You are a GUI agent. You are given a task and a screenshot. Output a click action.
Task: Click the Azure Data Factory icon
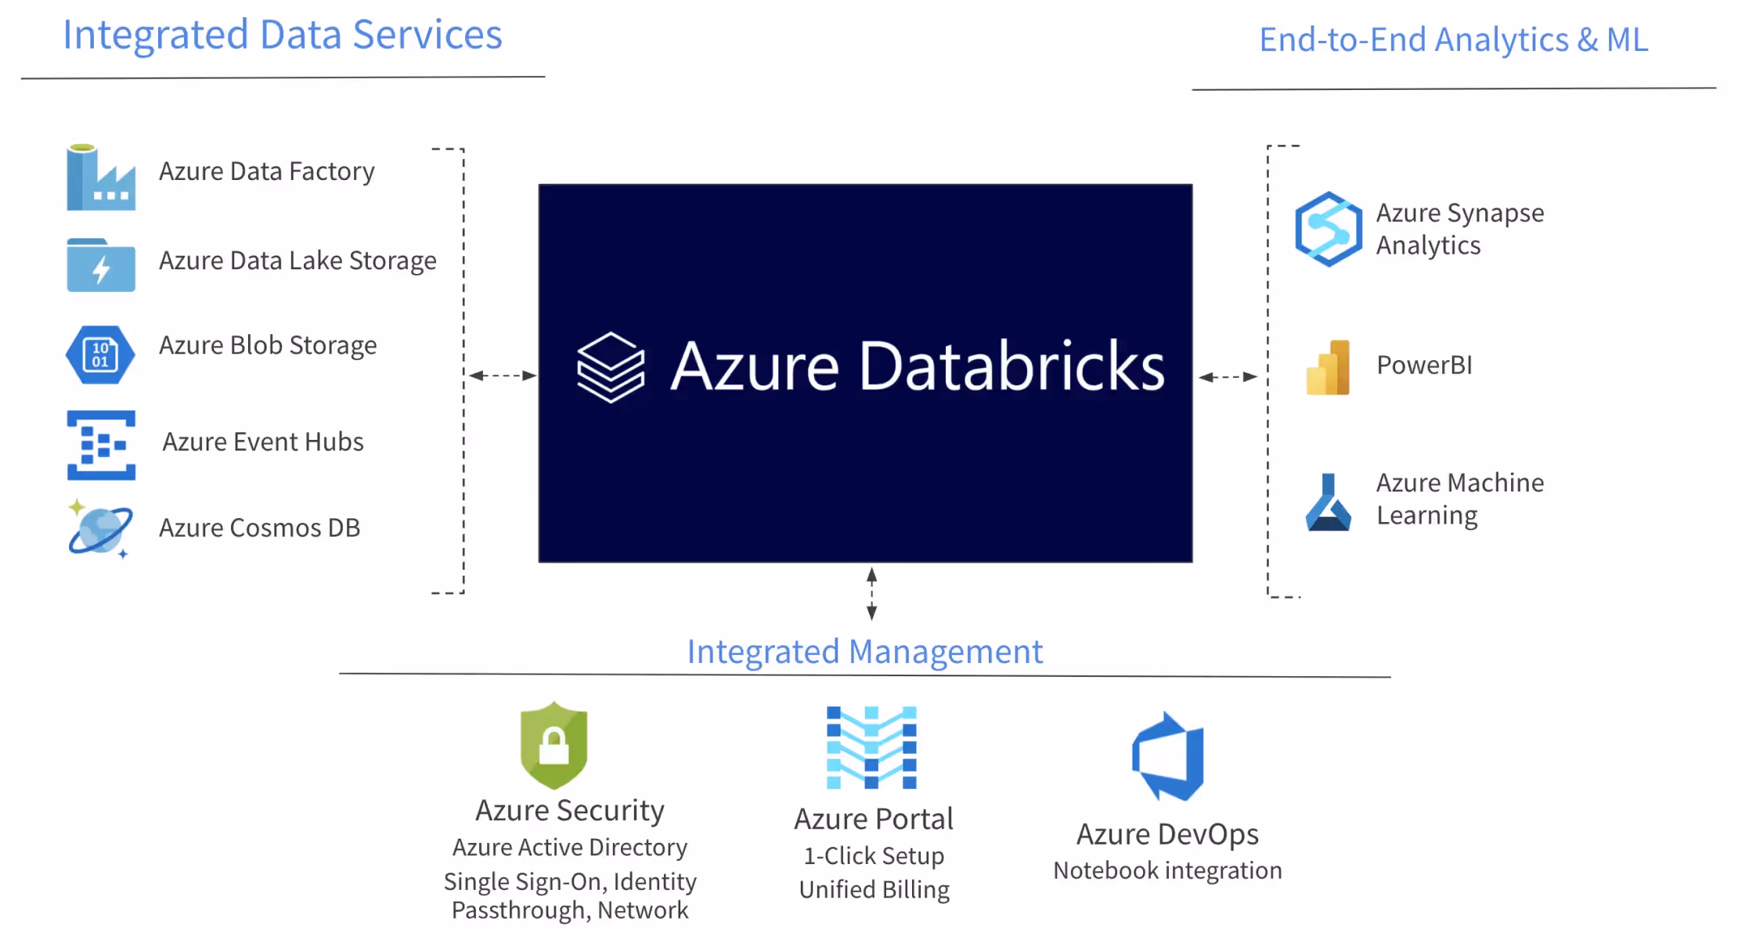101,177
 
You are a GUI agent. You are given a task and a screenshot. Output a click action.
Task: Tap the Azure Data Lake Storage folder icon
101,265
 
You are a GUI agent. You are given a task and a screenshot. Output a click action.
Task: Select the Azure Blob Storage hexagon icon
100,355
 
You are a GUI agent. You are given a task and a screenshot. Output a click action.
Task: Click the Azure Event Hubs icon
101,445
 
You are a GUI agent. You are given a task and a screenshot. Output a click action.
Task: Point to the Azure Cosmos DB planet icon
100,529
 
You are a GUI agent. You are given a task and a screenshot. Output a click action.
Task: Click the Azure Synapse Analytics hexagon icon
1329,229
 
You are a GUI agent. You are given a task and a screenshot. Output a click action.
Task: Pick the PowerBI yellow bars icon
1328,367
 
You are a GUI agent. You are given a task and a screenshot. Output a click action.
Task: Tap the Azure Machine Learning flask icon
1328,502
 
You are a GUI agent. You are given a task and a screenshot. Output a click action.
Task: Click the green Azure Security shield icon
553,745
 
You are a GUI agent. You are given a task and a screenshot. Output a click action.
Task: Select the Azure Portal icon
871,747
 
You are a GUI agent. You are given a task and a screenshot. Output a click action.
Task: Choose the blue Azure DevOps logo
1168,756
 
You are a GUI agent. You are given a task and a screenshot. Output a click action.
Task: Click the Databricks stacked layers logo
611,367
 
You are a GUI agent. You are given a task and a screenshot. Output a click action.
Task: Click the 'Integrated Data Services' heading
283,35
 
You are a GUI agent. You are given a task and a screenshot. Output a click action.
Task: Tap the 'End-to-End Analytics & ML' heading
1454,39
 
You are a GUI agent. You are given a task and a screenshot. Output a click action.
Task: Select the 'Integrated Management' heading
865,651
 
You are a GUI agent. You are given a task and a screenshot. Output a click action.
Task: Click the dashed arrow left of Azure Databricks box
503,376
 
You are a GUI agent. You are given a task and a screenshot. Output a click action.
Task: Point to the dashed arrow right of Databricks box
1228,377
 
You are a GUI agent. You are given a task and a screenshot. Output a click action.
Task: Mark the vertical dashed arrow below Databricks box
871,594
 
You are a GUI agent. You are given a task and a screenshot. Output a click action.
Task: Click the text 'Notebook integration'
1167,870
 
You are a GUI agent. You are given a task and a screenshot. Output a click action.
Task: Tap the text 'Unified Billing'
874,890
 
